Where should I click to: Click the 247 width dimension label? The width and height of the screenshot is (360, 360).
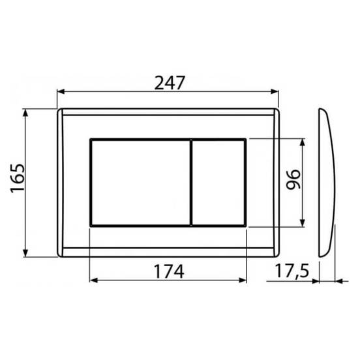click(x=170, y=83)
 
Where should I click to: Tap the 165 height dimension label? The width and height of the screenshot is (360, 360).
click(x=18, y=178)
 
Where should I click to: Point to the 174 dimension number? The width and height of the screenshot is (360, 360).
click(x=169, y=271)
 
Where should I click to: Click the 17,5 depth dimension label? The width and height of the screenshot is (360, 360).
click(x=292, y=271)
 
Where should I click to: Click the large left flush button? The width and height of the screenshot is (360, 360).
click(x=140, y=183)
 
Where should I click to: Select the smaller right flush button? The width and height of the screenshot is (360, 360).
click(x=218, y=183)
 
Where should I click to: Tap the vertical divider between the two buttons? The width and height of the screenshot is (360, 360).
click(x=191, y=183)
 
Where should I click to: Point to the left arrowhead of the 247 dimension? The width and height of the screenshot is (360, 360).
click(x=61, y=91)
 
